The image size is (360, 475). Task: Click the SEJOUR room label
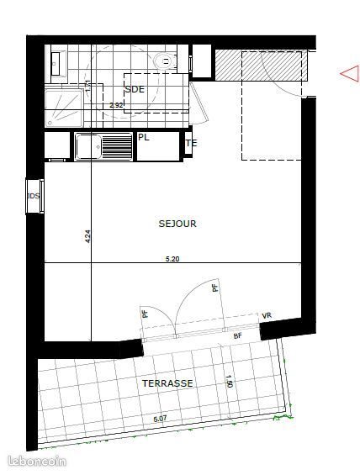[x=177, y=224]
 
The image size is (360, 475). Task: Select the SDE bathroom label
[x=135, y=89]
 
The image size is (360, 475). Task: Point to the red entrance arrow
[x=348, y=74]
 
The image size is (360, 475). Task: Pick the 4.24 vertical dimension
[x=87, y=238]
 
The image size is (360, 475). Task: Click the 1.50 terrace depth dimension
[x=228, y=383]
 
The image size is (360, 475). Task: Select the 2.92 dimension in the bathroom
[x=117, y=106]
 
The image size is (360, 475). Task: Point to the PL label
[x=144, y=137]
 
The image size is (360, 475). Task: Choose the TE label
[x=191, y=143]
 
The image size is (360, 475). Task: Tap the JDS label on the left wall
[x=34, y=197]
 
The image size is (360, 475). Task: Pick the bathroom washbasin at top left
[x=55, y=61]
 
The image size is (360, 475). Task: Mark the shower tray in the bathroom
[x=64, y=103]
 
